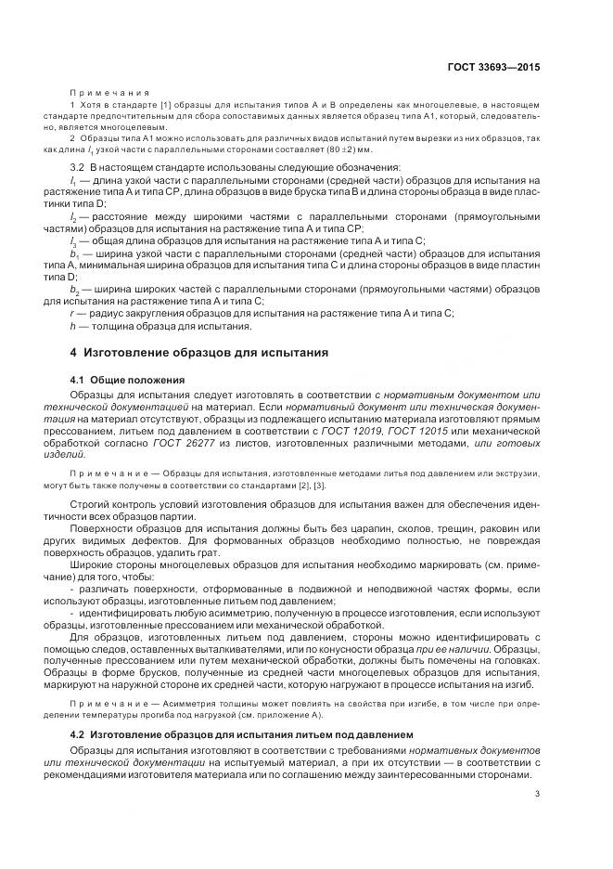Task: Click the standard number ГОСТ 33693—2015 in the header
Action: pyautogui.click(x=496, y=68)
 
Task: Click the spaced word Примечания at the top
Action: pyautogui.click(x=110, y=93)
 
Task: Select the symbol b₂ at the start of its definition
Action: pyautogui.click(x=73, y=290)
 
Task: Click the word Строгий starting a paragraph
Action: pyautogui.click(x=90, y=502)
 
